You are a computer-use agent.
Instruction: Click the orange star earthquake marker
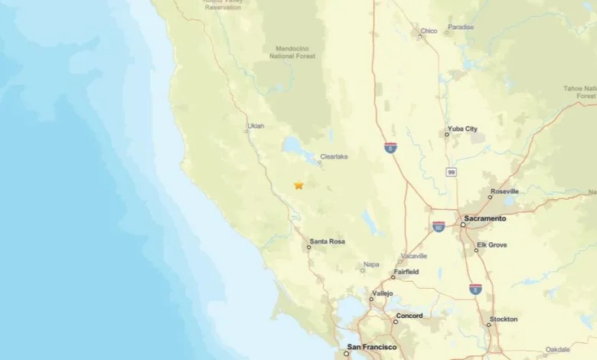coord(298,185)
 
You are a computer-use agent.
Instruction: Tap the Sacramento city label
coord(484,218)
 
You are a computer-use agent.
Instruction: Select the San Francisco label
coord(372,347)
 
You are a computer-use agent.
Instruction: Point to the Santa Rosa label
coord(327,242)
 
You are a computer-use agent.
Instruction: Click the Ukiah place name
coord(256,126)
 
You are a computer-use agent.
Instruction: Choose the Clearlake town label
coord(334,156)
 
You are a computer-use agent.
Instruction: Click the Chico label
coord(429,31)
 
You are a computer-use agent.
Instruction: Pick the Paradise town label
coord(461,26)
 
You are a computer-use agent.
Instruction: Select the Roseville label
coord(505,191)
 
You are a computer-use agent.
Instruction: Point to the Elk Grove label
coord(491,245)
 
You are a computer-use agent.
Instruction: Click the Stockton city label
coord(504,319)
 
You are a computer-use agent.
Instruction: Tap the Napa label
coord(371,264)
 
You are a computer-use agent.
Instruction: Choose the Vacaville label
coord(413,256)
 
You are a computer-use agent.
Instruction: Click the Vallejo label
coord(382,293)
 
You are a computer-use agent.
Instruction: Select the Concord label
coord(409,316)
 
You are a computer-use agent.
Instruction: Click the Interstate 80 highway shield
coord(439,227)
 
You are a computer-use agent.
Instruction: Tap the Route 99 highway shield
coord(452,173)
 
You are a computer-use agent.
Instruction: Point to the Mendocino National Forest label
coord(292,52)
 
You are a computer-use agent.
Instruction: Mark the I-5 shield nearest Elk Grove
coord(476,289)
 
